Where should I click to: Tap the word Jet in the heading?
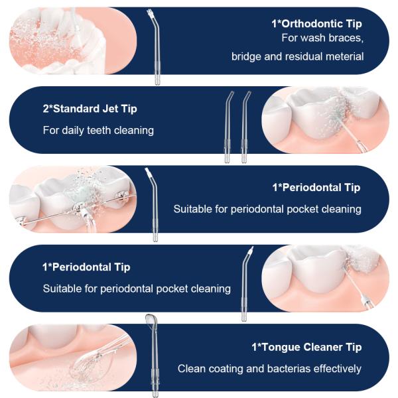point(110,109)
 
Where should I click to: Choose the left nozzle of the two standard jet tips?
point(228,127)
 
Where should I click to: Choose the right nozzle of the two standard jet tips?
point(245,127)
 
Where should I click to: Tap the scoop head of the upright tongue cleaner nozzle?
point(151,320)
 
